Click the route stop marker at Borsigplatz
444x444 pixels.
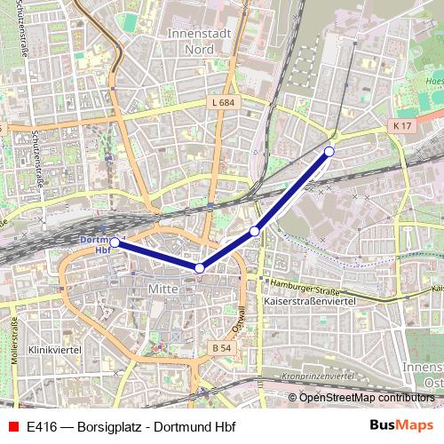(329, 152)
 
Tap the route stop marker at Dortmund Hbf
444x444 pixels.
(115, 242)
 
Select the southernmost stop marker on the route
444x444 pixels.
(200, 268)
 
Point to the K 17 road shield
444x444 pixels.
(402, 127)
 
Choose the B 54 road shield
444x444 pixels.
(222, 347)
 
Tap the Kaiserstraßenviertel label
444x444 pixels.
(310, 303)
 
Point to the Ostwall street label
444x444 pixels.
(238, 317)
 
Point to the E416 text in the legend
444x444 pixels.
(41, 425)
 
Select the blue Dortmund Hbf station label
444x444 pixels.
(92, 245)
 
